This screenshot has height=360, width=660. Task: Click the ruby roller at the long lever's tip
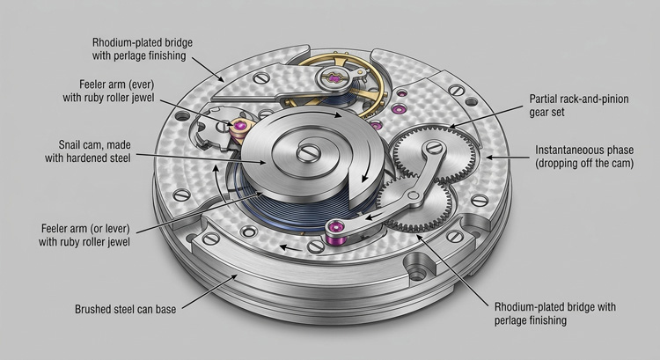pos(335,231)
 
